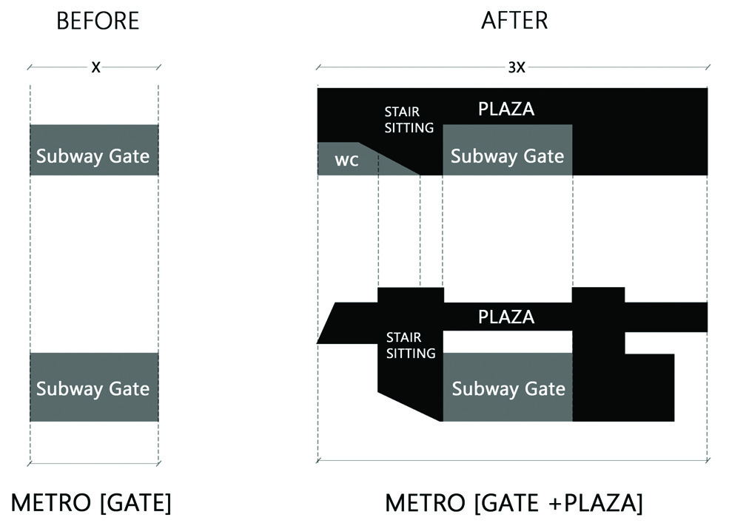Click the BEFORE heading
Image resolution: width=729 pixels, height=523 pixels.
point(98,21)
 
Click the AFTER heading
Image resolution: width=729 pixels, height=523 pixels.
point(514,21)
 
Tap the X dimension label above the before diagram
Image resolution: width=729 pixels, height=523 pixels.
point(95,67)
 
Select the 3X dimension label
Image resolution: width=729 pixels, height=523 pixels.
point(516,67)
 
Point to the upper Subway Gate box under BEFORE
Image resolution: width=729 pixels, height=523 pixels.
point(93,150)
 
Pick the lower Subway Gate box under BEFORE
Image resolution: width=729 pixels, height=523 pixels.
point(93,387)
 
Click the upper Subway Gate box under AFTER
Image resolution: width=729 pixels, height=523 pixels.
point(507,150)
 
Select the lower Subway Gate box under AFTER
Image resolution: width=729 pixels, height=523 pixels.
point(508,387)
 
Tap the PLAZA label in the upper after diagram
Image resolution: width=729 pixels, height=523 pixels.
point(506,109)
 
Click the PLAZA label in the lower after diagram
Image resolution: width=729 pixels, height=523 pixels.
point(506,317)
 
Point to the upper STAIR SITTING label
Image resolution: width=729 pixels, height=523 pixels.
point(409,120)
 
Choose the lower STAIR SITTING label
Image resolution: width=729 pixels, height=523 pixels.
point(410,345)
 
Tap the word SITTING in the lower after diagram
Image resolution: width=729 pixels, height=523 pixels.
point(411,354)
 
